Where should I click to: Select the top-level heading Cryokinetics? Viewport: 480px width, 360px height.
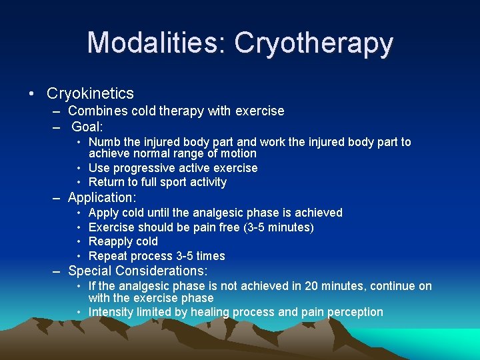click(90, 93)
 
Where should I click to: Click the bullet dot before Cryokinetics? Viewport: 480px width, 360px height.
click(32, 93)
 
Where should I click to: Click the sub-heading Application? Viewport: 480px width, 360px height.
click(102, 198)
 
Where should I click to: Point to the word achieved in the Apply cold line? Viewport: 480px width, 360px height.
click(317, 213)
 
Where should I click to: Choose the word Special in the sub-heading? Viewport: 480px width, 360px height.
click(90, 271)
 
